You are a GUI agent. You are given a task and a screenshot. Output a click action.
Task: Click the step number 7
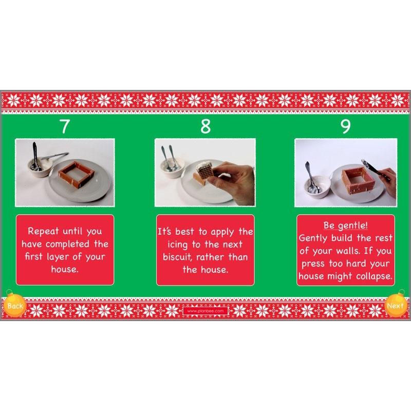click(x=64, y=126)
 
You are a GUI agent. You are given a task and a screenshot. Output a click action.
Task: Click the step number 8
click(x=205, y=126)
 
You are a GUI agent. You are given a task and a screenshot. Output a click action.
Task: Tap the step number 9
click(x=345, y=126)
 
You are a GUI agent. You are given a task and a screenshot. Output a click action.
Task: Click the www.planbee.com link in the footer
click(x=205, y=310)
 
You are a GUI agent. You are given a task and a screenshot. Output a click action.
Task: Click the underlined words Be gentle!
click(x=345, y=226)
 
